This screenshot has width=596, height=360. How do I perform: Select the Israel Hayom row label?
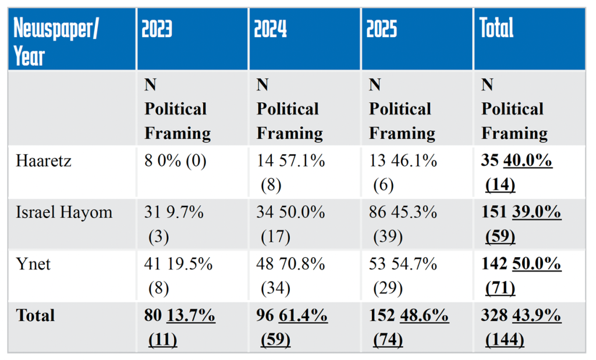click(64, 213)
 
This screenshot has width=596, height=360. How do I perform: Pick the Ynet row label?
click(33, 264)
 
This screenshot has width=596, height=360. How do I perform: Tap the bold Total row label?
click(36, 315)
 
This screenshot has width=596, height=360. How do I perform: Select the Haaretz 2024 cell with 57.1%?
click(290, 172)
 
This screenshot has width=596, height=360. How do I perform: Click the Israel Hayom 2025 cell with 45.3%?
click(403, 224)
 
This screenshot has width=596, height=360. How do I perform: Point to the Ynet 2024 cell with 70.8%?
click(290, 275)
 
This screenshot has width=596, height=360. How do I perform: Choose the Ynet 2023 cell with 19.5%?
click(178, 275)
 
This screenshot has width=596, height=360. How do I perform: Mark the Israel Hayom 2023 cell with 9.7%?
click(173, 224)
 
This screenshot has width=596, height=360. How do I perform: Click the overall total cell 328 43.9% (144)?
click(521, 327)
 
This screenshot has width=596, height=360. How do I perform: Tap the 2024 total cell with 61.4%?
click(290, 327)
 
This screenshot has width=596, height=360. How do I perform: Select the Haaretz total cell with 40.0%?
click(517, 172)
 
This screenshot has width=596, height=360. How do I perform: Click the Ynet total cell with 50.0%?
click(521, 275)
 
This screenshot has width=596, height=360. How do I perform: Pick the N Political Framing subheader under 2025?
click(402, 109)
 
